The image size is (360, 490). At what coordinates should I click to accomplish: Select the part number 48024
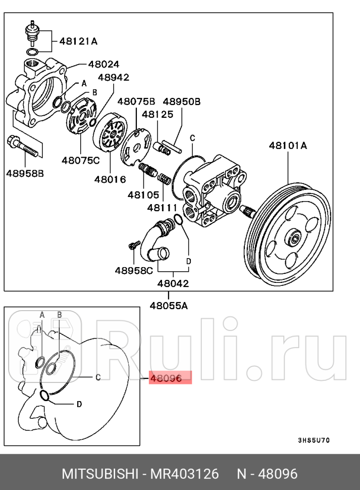[104, 64]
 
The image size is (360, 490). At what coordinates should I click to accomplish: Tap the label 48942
[114, 77]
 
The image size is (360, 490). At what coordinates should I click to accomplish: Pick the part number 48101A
[288, 145]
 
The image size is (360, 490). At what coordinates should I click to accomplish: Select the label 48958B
[25, 173]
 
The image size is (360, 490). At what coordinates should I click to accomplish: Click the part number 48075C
[81, 161]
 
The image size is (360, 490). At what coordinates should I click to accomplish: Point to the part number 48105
[143, 194]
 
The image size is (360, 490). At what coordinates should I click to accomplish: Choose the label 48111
[162, 207]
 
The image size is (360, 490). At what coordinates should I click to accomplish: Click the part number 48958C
[134, 270]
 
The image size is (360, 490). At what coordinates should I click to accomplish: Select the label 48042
[173, 283]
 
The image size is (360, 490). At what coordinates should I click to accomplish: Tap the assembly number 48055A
[169, 305]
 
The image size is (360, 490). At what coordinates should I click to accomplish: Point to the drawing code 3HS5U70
[314, 440]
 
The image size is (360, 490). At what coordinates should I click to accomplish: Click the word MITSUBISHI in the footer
[99, 474]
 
